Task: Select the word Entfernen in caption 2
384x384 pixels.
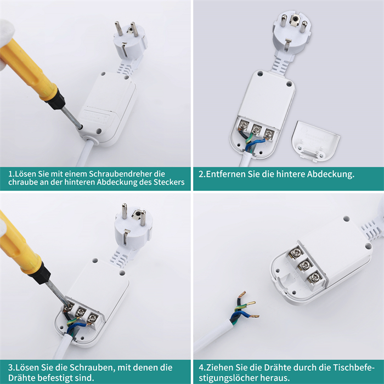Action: click(x=225, y=174)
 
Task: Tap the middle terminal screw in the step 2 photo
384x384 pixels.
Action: click(x=256, y=128)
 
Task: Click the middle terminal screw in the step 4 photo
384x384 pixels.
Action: click(x=305, y=264)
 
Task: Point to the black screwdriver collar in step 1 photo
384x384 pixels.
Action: click(x=56, y=98)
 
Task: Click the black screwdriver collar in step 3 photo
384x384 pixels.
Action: click(x=40, y=273)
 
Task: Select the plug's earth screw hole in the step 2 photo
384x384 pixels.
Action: click(x=295, y=19)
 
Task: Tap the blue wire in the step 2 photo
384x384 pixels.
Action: click(x=255, y=144)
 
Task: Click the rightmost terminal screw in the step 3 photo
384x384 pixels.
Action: click(x=92, y=319)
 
